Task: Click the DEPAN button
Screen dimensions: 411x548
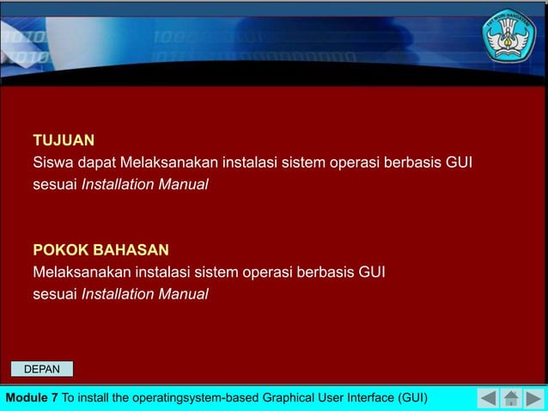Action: (x=41, y=369)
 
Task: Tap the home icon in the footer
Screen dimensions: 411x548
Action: (x=511, y=398)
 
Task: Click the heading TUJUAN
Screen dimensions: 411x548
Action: (x=64, y=139)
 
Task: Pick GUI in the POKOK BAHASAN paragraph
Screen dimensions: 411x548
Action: (x=370, y=273)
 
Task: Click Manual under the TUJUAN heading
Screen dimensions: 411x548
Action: (x=183, y=184)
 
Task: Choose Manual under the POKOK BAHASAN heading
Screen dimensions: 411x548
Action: (x=183, y=295)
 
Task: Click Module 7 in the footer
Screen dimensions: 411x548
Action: (x=32, y=397)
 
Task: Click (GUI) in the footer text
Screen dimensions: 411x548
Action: (x=411, y=397)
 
